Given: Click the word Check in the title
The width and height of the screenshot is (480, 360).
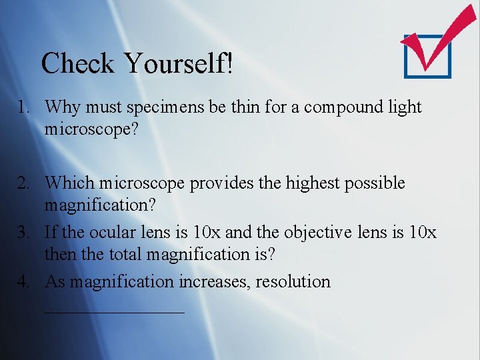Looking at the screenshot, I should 77,64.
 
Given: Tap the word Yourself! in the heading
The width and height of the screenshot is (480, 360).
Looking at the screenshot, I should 178,64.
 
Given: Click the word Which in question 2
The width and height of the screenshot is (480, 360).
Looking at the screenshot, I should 70,183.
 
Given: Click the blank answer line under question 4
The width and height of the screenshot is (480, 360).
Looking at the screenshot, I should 114,311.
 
